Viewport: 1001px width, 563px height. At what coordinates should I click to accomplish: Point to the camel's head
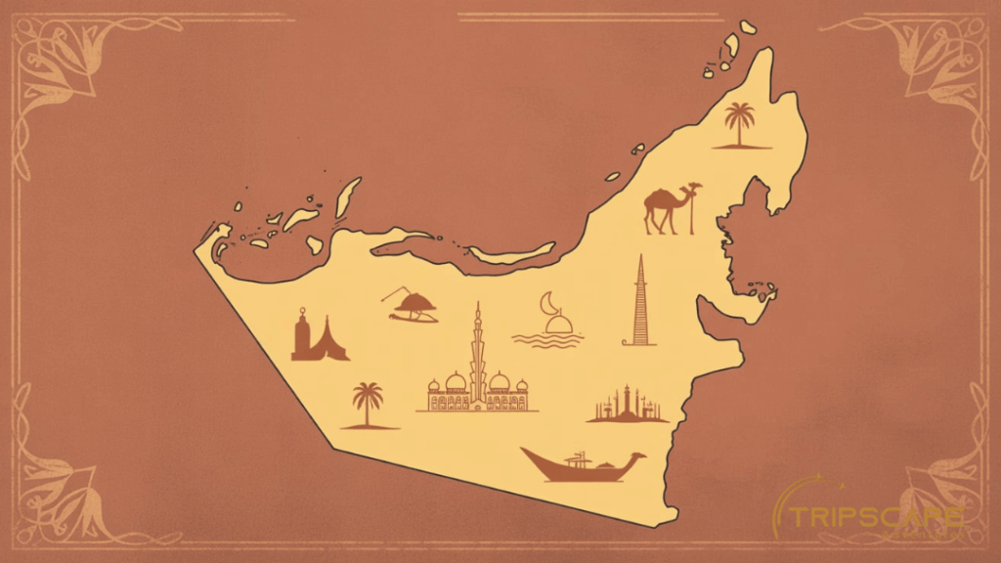(695, 187)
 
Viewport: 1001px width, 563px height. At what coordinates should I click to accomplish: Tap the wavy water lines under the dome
(547, 339)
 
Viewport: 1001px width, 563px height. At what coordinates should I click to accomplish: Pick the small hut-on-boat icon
(412, 306)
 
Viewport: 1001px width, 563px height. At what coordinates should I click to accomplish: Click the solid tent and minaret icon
(318, 337)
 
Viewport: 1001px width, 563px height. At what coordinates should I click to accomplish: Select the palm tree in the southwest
(369, 404)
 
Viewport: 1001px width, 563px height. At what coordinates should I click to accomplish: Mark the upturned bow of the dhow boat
(637, 455)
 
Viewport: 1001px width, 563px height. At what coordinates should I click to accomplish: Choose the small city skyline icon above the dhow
(627, 405)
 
